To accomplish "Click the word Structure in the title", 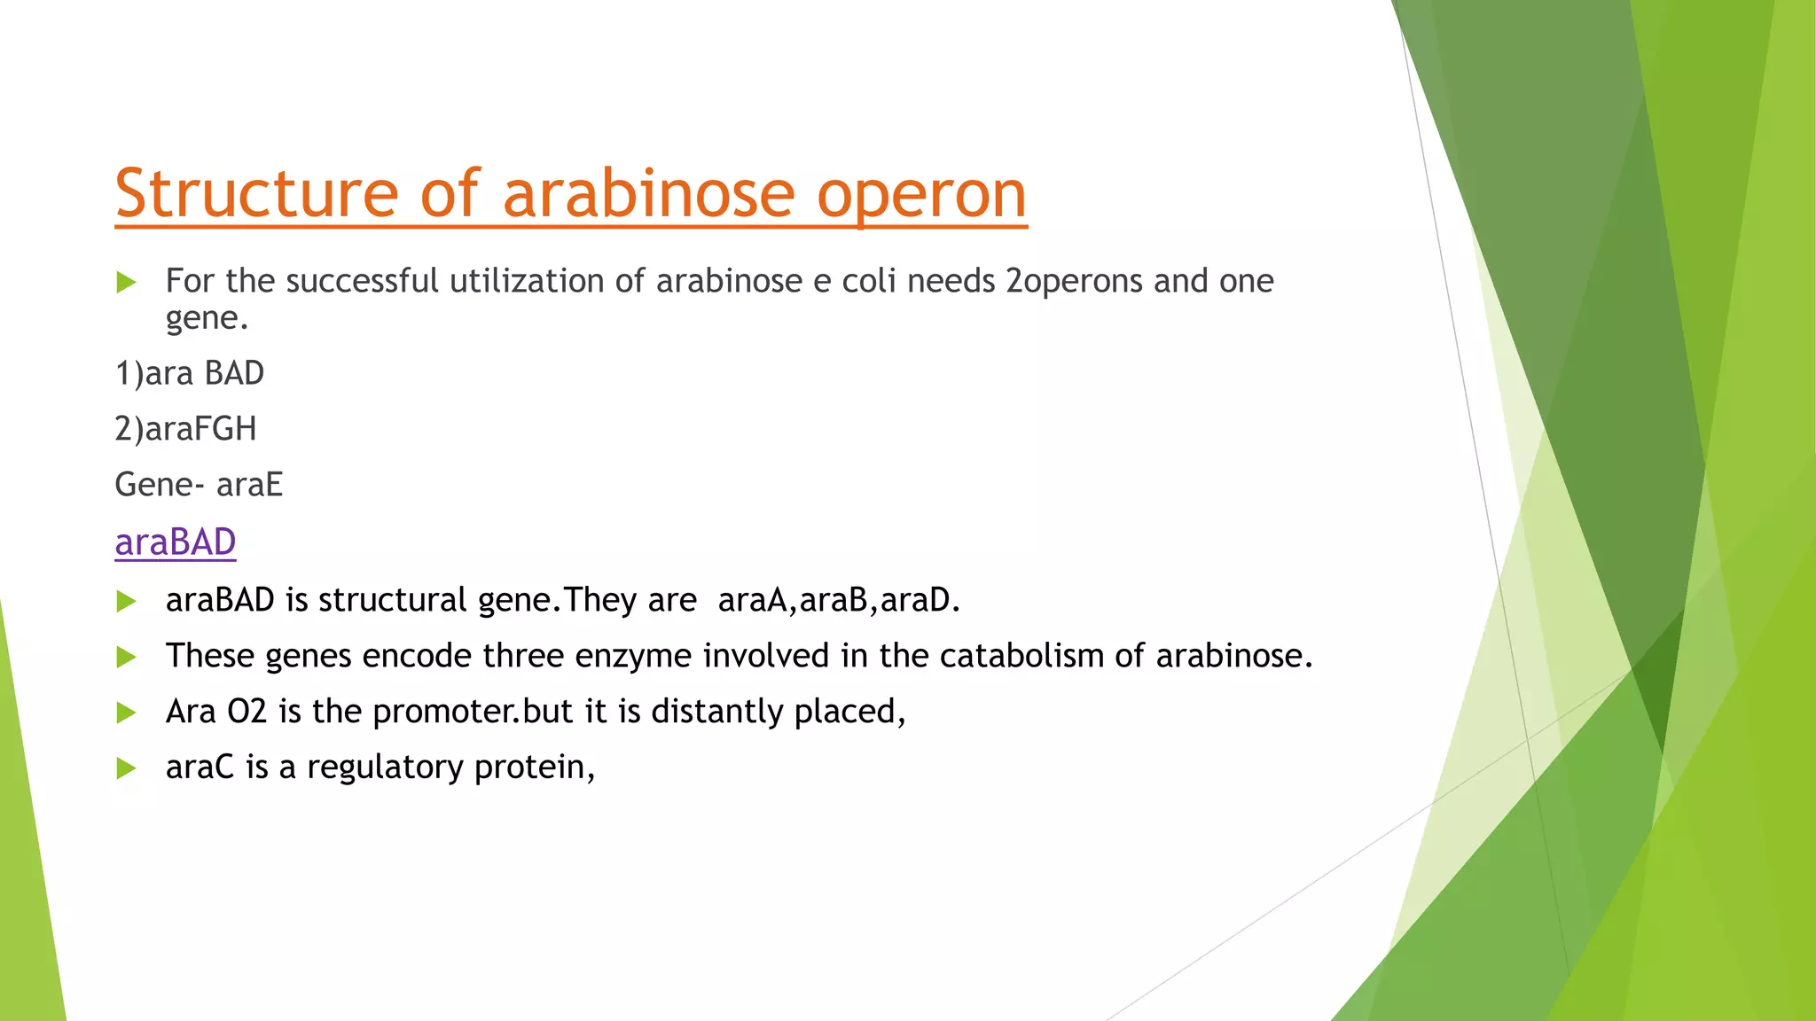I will [256, 194].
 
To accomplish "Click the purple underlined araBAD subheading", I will [176, 542].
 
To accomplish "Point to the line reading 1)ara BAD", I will [190, 373].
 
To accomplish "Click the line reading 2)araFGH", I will [185, 429].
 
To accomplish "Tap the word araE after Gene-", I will [249, 485].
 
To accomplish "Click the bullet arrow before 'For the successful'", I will [127, 283].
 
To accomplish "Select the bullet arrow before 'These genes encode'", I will [127, 657].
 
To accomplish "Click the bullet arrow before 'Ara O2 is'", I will [127, 713].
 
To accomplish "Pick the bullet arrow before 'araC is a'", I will [127, 768].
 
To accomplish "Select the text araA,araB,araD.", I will [839, 600].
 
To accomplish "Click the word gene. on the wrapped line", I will [207, 318].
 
